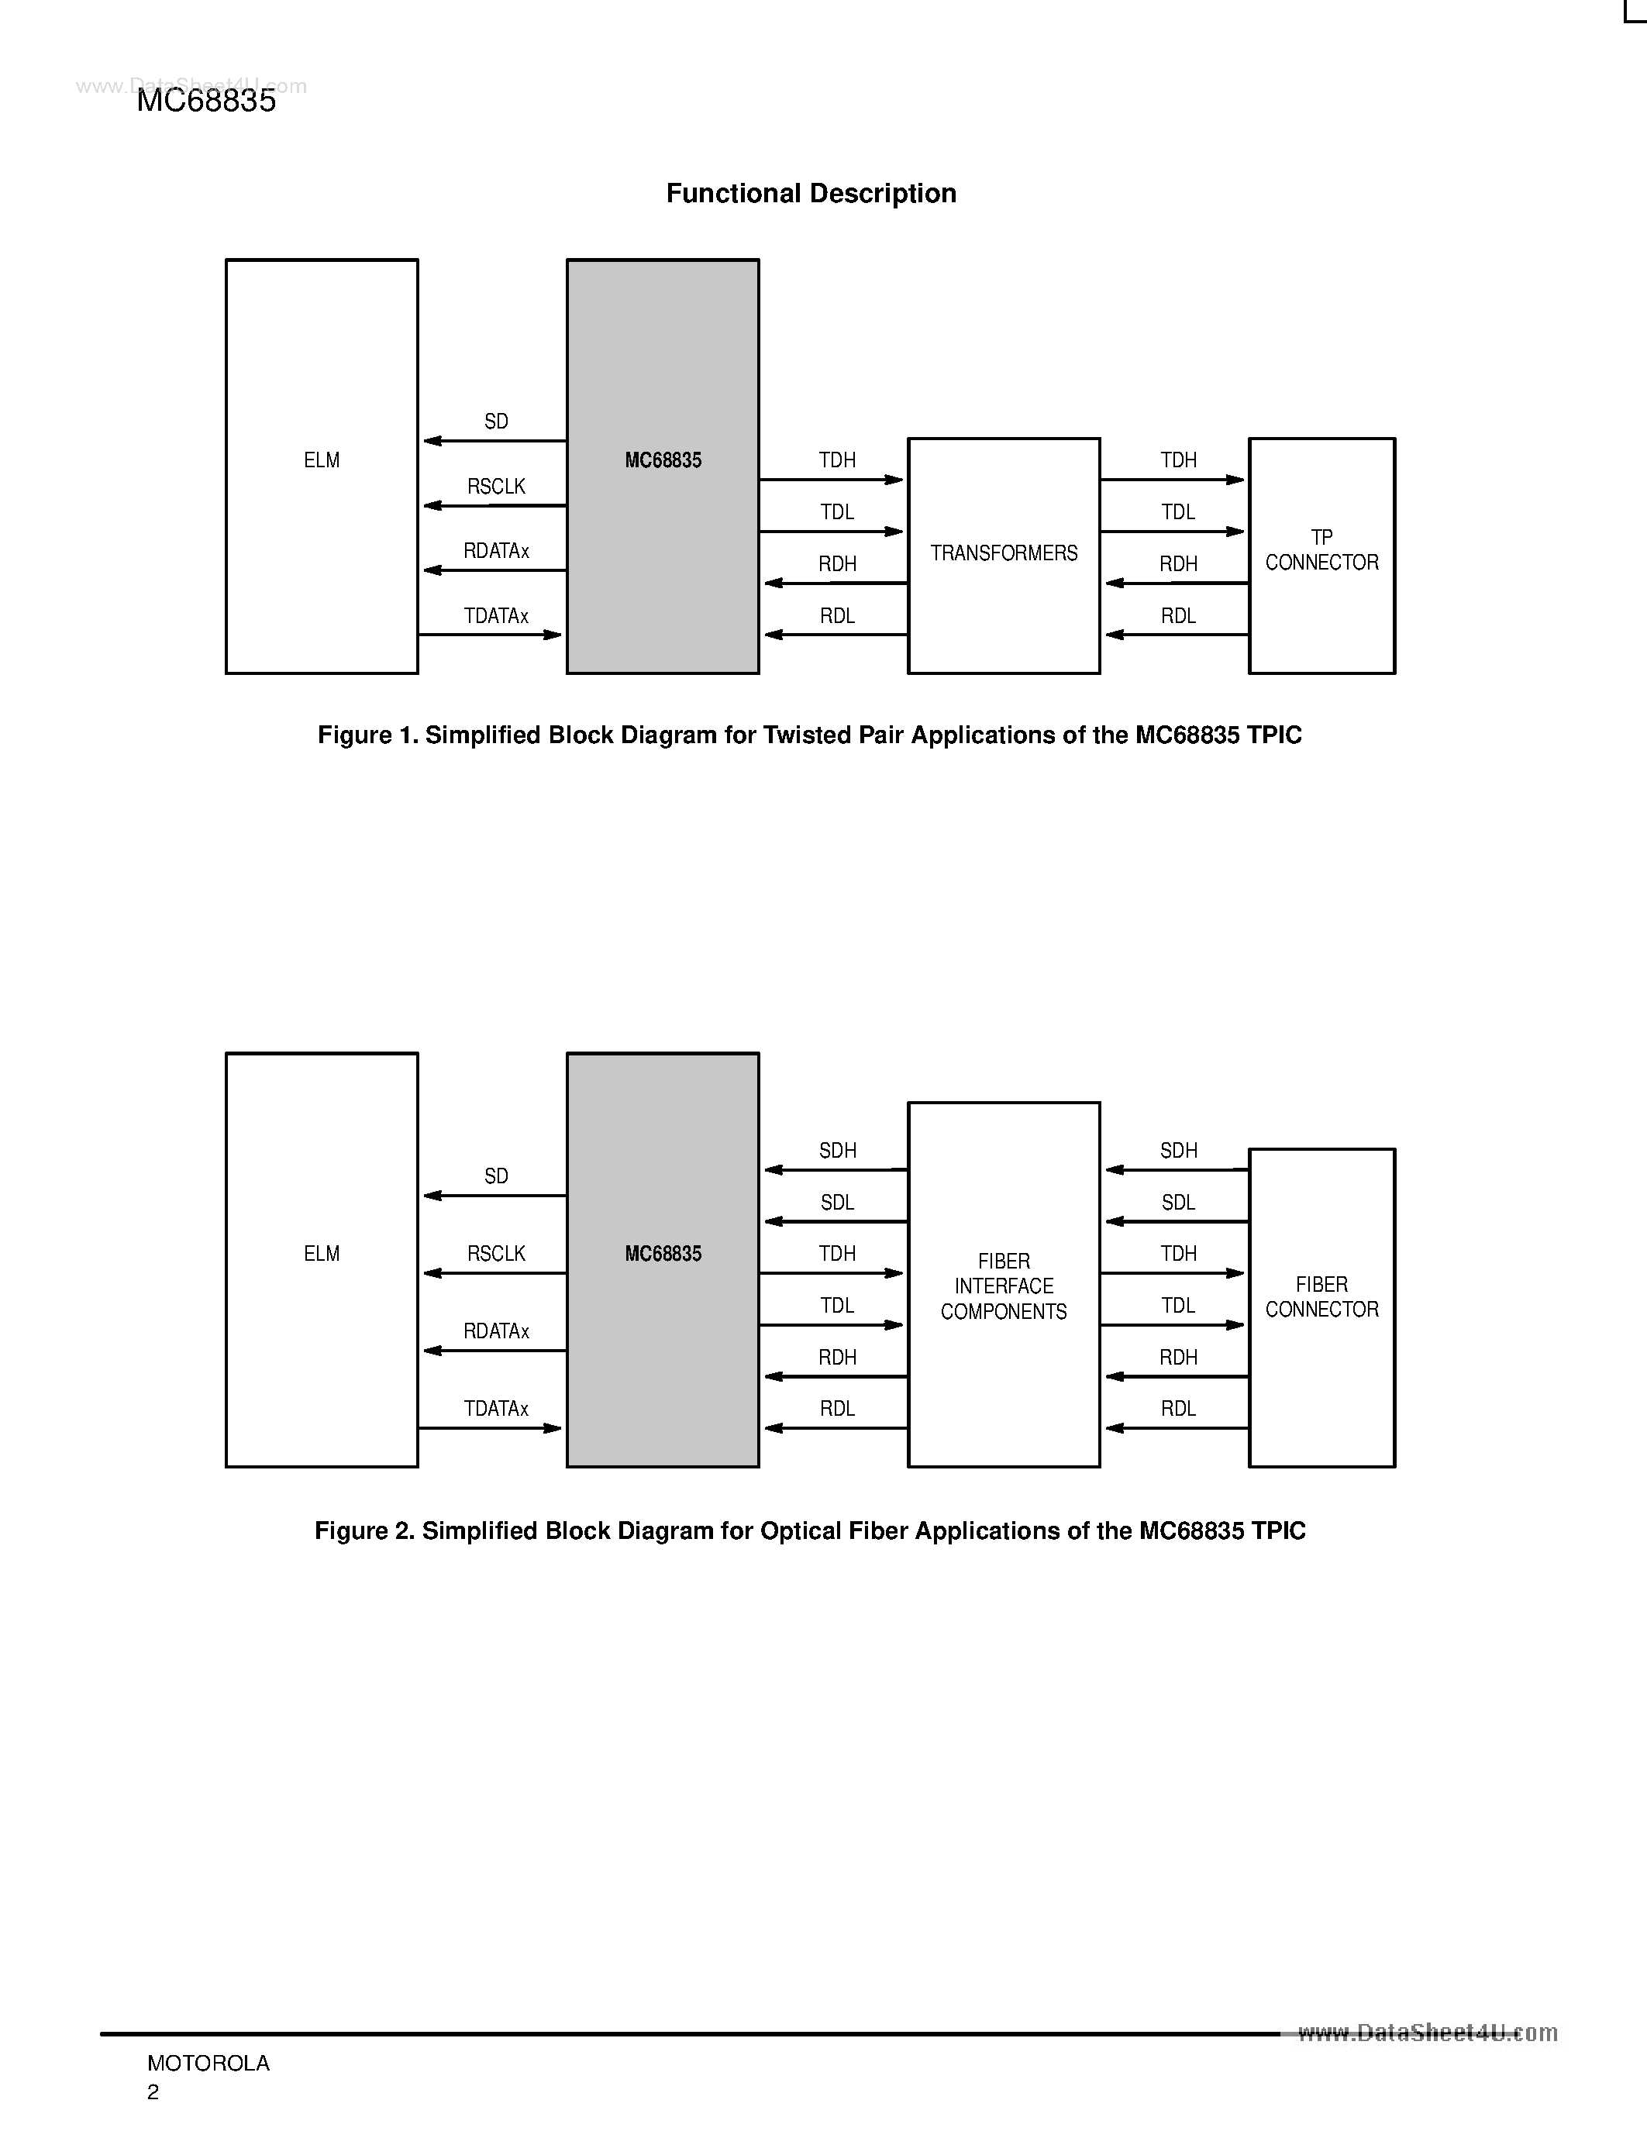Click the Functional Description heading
click(x=811, y=193)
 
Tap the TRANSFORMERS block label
click(x=1003, y=553)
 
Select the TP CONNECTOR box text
click(x=1321, y=550)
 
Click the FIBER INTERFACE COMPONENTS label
click(x=1003, y=1286)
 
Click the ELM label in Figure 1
click(x=321, y=460)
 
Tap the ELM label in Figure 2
click(x=321, y=1254)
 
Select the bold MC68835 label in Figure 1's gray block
click(x=663, y=460)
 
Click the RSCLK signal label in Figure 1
click(x=496, y=487)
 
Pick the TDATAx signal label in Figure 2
click(x=496, y=1409)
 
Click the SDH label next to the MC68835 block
click(x=837, y=1152)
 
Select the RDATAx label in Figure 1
click(x=496, y=551)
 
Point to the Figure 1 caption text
click(x=810, y=735)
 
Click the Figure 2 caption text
click(x=810, y=1531)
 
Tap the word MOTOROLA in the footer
click(x=208, y=2063)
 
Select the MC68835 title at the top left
click(x=206, y=101)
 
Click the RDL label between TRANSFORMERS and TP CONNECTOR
click(x=1177, y=617)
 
